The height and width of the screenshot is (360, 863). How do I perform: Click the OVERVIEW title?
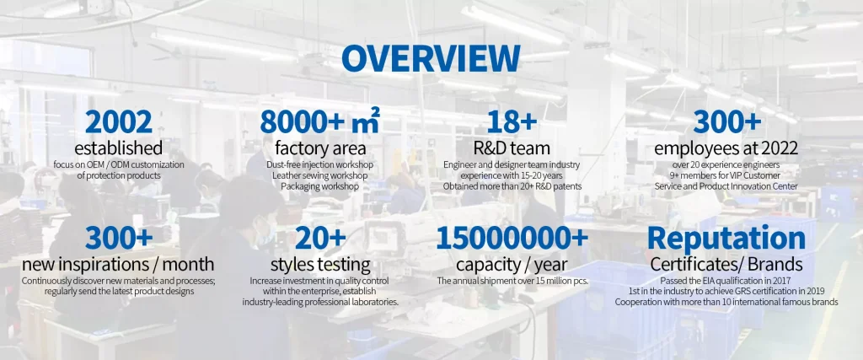(431, 59)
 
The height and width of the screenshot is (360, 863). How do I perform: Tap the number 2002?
(119, 122)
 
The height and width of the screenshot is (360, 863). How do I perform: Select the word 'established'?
(119, 148)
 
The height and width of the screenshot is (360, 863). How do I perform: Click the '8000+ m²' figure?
(319, 121)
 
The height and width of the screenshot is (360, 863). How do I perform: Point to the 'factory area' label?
(319, 148)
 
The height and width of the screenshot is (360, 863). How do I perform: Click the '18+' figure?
(512, 122)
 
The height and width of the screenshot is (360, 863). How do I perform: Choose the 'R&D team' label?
(512, 148)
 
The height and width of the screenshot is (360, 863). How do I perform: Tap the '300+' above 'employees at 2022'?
(726, 122)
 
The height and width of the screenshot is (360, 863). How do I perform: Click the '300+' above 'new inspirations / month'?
(118, 239)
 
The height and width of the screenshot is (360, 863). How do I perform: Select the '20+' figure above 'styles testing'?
(320, 239)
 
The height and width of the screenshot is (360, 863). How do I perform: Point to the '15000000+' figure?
(512, 239)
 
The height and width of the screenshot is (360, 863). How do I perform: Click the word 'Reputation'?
(726, 239)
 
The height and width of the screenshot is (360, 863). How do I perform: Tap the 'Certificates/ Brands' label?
(726, 265)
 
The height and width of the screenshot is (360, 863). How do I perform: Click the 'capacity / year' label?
(512, 265)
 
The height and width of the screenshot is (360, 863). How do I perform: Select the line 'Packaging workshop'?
(319, 186)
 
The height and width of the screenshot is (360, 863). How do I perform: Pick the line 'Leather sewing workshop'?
(319, 175)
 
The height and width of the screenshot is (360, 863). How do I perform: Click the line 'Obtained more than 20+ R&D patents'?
(512, 186)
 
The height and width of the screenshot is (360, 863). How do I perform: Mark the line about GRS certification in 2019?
(726, 291)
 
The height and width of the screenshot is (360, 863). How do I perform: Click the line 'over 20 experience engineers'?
(726, 164)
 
